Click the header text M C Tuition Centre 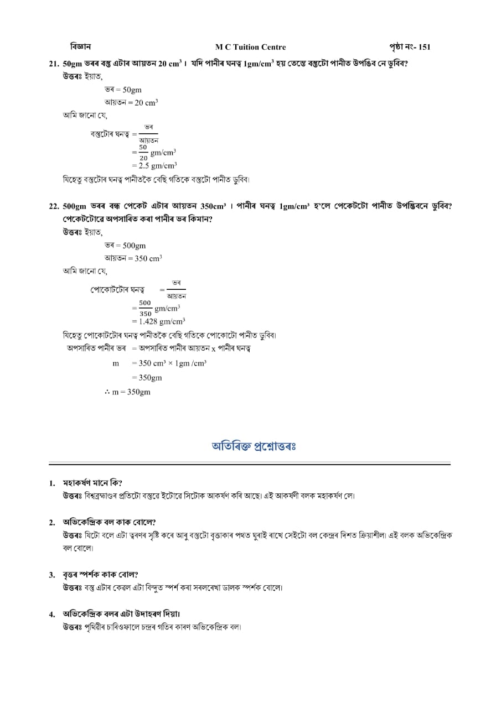click(250, 47)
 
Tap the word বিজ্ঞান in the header click(81, 46)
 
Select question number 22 click(54, 206)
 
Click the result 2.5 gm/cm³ click(155, 165)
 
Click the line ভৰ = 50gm click(123, 90)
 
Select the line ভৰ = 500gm click(125, 246)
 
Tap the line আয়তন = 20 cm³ click(131, 102)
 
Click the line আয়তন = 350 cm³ click(133, 258)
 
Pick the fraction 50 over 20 click(143, 153)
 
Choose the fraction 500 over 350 click(145, 308)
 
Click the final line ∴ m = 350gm click(127, 392)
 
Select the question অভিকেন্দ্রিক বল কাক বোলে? click(109, 522)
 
